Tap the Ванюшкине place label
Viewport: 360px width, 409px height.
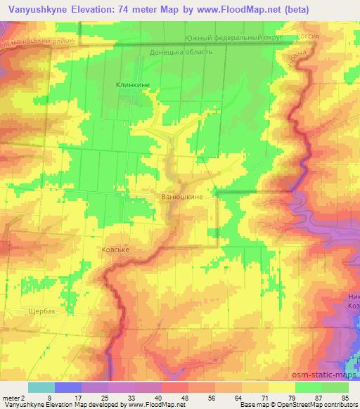pos(182,197)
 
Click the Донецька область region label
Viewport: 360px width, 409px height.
pos(181,52)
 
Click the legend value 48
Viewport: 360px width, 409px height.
pos(184,397)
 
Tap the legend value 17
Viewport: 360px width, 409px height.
pos(77,397)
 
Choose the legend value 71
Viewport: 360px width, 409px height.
pos(263,397)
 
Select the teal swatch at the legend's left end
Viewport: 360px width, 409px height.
pos(41,387)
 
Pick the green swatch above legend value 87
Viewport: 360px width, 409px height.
pos(309,387)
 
